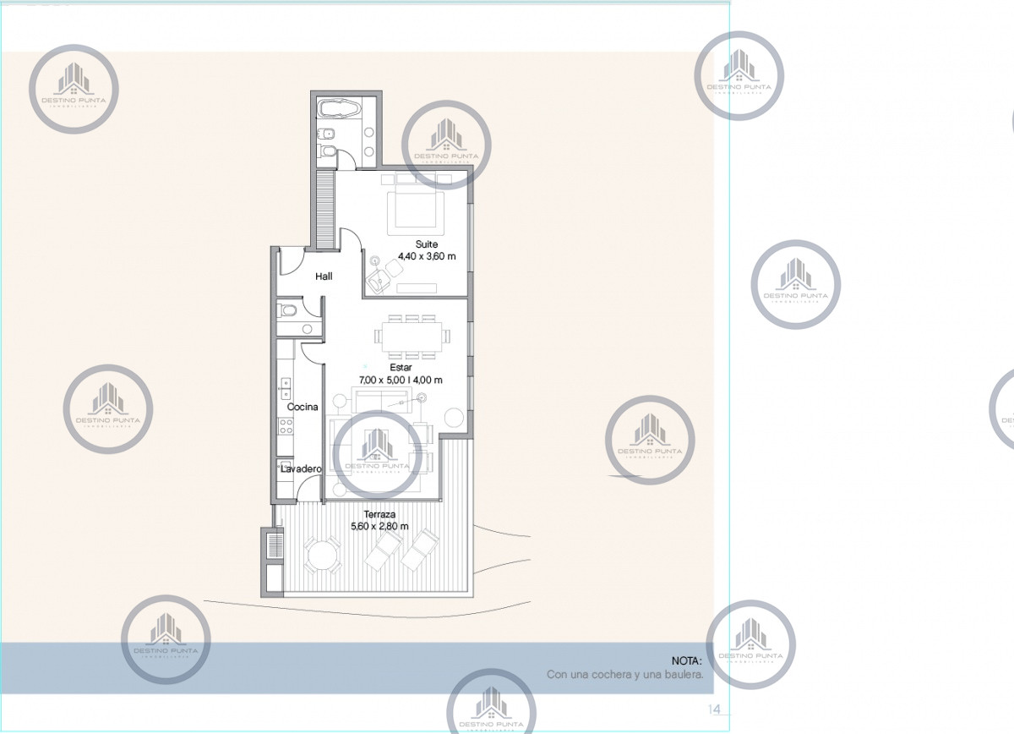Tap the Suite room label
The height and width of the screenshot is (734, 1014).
pyautogui.click(x=415, y=244)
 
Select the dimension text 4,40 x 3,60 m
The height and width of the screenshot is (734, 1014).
pyautogui.click(x=428, y=256)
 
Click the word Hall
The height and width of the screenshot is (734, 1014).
pyautogui.click(x=324, y=277)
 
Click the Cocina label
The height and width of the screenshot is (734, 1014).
pyautogui.click(x=303, y=407)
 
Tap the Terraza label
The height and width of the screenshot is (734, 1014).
pyautogui.click(x=379, y=514)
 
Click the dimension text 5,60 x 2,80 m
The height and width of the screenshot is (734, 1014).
pyautogui.click(x=379, y=526)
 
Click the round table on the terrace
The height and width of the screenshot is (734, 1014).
pyautogui.click(x=321, y=556)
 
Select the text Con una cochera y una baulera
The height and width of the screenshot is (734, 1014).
pyautogui.click(x=624, y=675)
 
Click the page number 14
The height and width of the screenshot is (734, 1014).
pyautogui.click(x=714, y=708)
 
